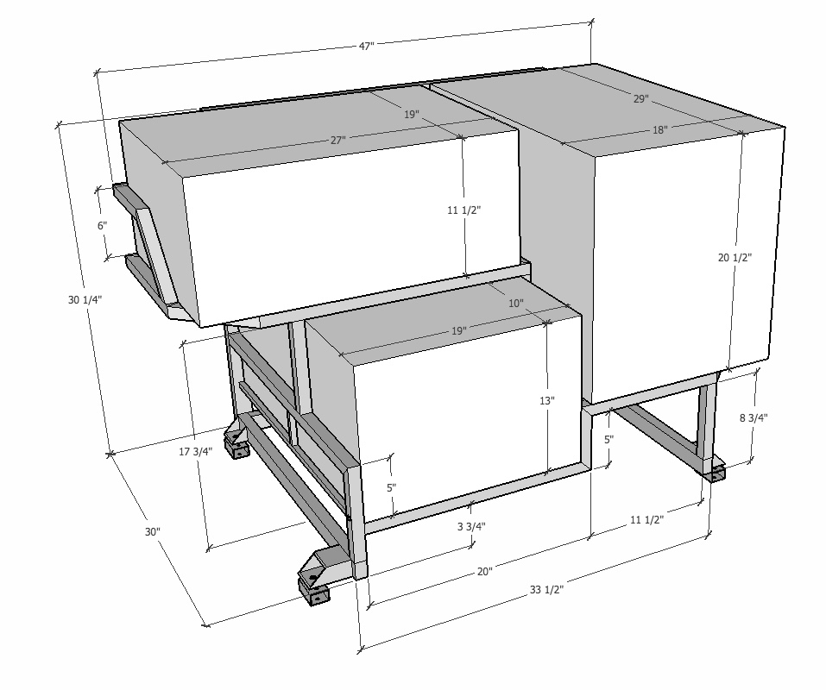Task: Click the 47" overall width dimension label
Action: tap(367, 46)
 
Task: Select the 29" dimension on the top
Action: tap(641, 98)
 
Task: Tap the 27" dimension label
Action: tap(338, 140)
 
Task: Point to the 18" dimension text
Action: tap(660, 129)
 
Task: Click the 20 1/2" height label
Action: tap(735, 257)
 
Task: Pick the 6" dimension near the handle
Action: tap(102, 225)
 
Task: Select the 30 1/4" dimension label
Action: tap(85, 299)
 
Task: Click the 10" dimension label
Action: tap(516, 303)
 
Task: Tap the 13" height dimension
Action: tap(547, 400)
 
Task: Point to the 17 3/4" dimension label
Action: tap(195, 451)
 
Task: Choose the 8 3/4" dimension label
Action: tap(753, 418)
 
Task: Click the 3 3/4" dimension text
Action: tap(471, 526)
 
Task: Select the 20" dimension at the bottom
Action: tap(485, 571)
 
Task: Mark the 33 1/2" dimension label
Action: tap(547, 589)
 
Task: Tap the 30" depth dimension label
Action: tap(152, 531)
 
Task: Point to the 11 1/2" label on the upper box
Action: tap(464, 210)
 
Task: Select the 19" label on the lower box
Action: tap(459, 330)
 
